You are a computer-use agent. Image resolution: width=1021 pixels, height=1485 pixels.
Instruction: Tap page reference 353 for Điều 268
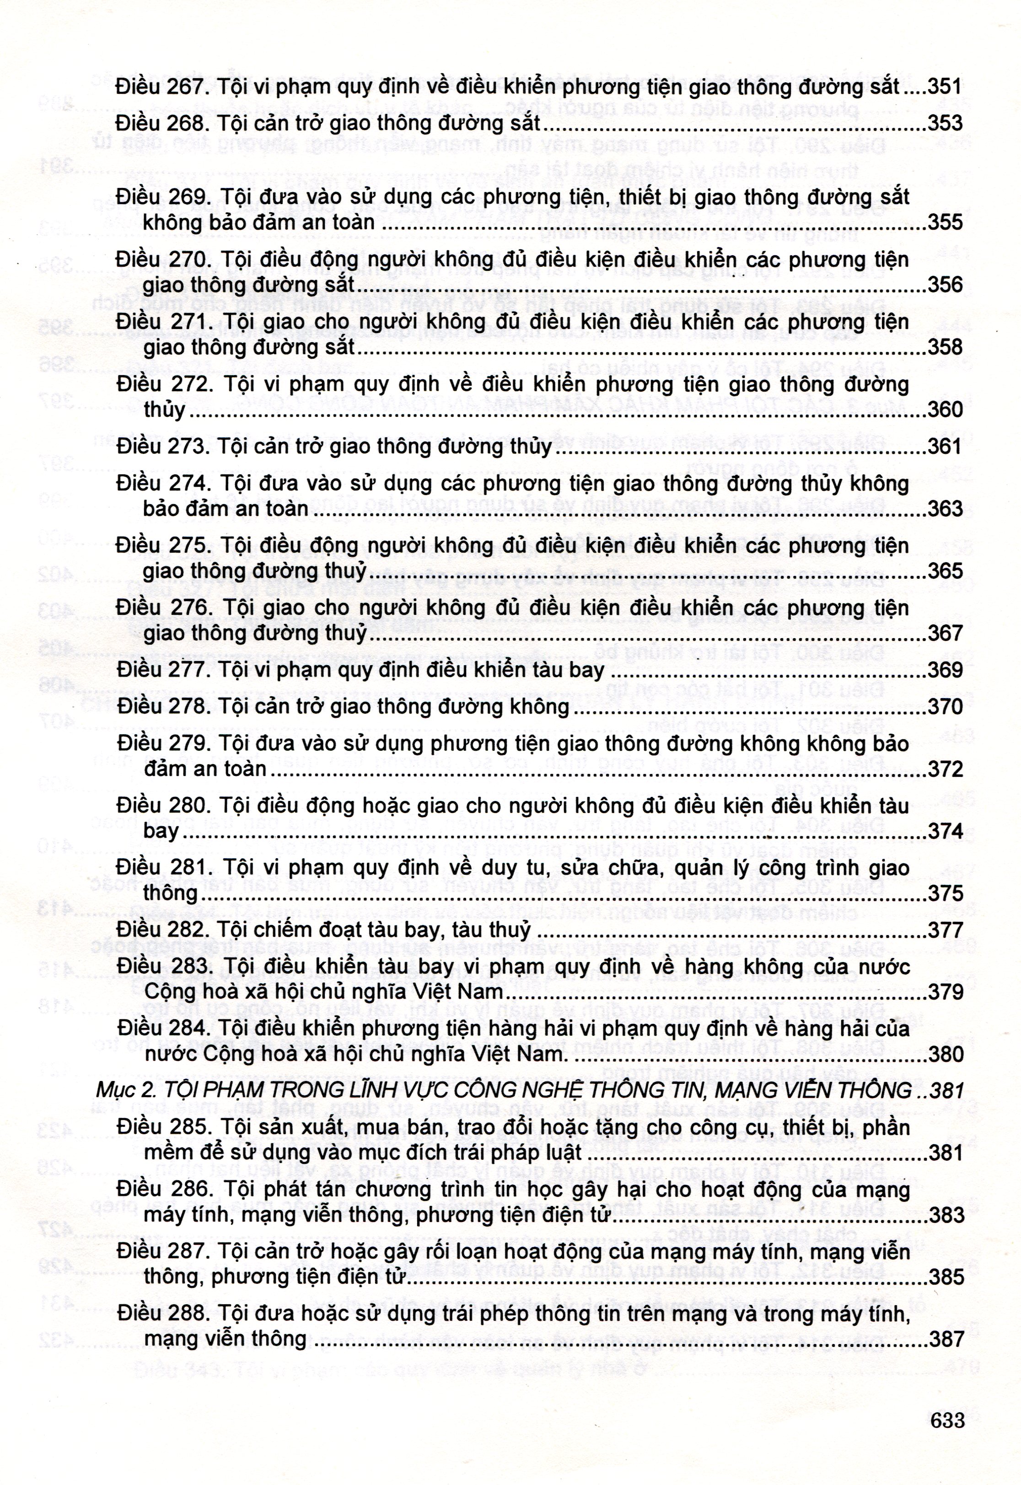point(945,124)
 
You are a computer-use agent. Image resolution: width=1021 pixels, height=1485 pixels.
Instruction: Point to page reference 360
point(945,409)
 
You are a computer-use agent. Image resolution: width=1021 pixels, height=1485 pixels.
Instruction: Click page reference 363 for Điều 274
point(945,509)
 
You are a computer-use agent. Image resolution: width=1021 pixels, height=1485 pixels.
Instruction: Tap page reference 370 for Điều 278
point(945,707)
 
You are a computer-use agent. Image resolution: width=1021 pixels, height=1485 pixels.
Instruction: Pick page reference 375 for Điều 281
point(945,893)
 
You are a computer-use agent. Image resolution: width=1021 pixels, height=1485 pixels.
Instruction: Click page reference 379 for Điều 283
point(945,992)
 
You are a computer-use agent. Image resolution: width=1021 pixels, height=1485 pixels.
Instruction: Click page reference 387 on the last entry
point(945,1339)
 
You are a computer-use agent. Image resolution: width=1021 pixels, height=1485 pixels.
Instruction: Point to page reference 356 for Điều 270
point(945,285)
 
